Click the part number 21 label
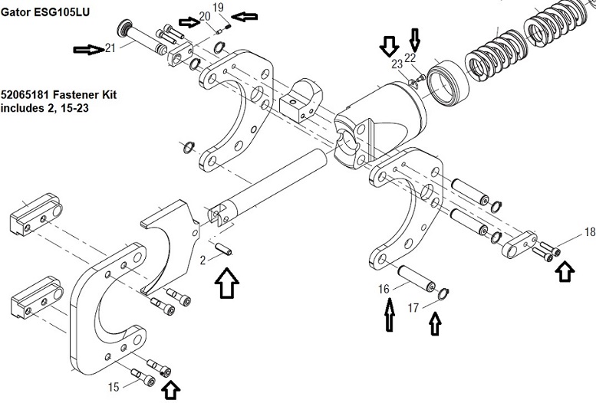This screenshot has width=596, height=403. click(110, 48)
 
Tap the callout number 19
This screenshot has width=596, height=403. click(219, 7)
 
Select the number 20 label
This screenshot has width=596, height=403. click(205, 16)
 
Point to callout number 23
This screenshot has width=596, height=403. click(397, 64)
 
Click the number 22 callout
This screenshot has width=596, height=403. click(410, 57)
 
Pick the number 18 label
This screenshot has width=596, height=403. click(590, 231)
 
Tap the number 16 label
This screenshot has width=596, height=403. click(384, 289)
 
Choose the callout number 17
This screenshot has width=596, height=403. click(413, 308)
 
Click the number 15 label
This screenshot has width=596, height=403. click(114, 387)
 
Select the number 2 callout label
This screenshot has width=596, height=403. click(203, 260)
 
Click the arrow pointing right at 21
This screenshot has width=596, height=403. click(88, 49)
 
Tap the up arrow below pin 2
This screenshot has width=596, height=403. click(226, 283)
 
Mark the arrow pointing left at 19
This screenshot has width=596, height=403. click(245, 17)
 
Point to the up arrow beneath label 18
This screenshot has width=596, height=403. click(565, 271)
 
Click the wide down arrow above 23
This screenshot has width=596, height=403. click(389, 46)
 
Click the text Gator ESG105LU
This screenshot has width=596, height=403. click(45, 11)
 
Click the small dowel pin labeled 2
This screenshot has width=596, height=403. click(222, 249)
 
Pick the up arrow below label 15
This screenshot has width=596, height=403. click(171, 391)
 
